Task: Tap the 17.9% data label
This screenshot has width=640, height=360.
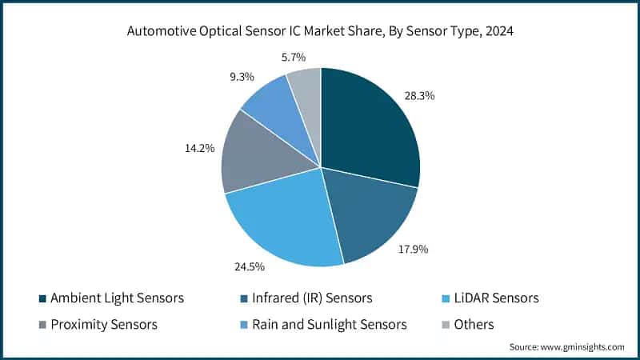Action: click(414, 249)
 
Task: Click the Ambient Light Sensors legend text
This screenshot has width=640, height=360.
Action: click(118, 298)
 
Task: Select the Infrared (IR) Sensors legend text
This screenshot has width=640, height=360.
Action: click(313, 298)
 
